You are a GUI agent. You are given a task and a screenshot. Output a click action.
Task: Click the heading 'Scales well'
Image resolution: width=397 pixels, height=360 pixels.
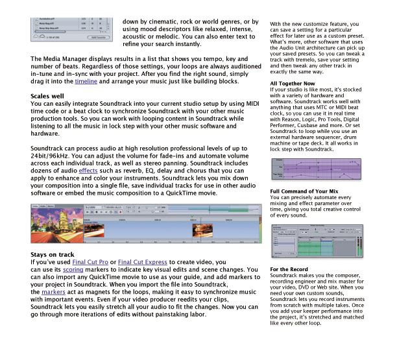[x=49, y=95]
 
